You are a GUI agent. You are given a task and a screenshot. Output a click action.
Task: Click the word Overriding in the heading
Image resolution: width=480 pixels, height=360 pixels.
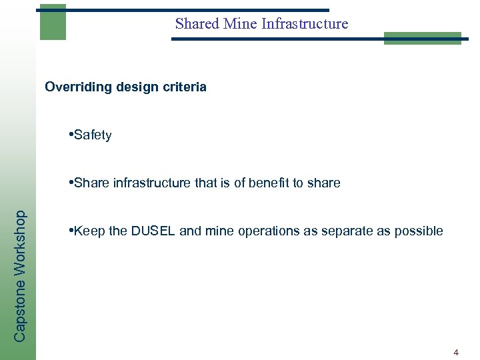point(74,87)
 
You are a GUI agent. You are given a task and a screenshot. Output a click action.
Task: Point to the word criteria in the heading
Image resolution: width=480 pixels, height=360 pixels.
point(183,87)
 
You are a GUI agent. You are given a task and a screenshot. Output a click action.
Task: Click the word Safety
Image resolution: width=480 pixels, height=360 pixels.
point(93,136)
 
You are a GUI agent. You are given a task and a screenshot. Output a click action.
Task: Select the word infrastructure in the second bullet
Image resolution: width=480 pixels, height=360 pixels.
point(149,183)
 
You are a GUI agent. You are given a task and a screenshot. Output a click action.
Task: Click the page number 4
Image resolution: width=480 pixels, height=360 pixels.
point(456,351)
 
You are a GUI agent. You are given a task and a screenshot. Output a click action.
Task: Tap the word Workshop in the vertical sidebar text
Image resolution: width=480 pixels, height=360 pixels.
point(21,243)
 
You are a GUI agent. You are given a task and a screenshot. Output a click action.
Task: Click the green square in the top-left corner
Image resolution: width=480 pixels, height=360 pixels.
point(53,22)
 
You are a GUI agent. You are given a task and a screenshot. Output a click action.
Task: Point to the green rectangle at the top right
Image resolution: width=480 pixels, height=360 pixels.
point(422,39)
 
